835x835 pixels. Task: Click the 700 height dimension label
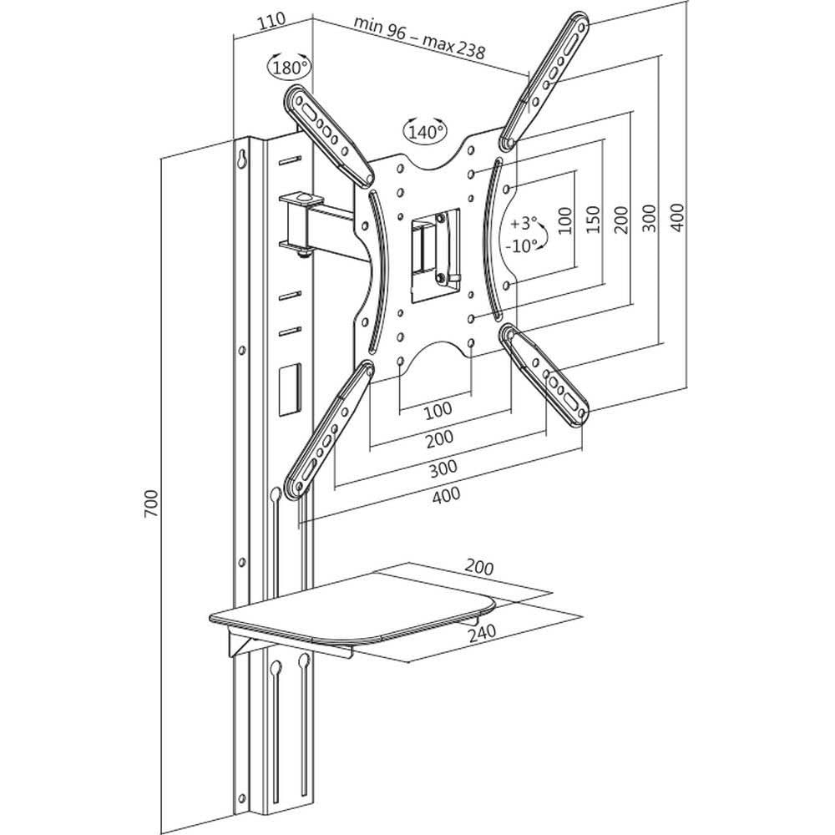tap(151, 504)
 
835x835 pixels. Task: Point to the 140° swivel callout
tap(425, 131)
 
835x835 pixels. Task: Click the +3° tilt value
tap(524, 224)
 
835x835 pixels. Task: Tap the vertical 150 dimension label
tap(594, 220)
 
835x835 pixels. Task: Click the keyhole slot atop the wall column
tap(242, 159)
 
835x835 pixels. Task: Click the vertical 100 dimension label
tap(565, 220)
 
